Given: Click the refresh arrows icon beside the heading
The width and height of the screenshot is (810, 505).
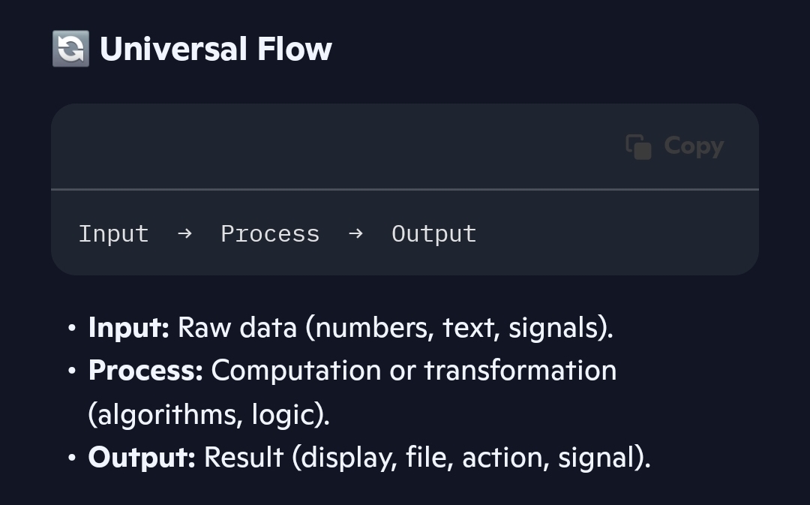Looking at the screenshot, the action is (x=70, y=49).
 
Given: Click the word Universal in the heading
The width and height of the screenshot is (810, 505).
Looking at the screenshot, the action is (x=173, y=49).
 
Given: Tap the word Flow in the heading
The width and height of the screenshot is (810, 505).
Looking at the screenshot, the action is (x=295, y=49).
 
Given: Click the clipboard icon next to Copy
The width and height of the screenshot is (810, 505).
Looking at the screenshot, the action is (x=638, y=147).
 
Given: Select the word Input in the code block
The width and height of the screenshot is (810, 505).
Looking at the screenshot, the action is (x=114, y=234).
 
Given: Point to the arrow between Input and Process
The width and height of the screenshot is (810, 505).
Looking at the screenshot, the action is (x=185, y=233).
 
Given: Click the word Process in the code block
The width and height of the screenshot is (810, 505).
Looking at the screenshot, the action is (x=270, y=234).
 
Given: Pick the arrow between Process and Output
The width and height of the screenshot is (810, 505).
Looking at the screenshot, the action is (x=356, y=233).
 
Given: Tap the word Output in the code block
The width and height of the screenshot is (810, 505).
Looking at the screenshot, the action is (x=434, y=234).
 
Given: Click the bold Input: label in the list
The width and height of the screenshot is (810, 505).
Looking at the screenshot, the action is (x=129, y=328).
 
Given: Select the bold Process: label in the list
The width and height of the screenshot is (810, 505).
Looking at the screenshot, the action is (x=145, y=371).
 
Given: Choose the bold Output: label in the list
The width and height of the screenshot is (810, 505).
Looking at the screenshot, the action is (x=142, y=458).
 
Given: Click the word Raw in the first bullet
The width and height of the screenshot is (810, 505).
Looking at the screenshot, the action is (x=204, y=328).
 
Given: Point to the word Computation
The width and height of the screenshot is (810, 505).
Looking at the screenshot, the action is (x=296, y=371).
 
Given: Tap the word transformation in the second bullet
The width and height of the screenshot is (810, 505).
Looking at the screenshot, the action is (x=520, y=371).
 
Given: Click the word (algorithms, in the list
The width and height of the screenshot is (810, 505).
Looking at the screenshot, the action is (x=165, y=414).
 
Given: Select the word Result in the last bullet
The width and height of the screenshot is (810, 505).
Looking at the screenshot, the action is (x=244, y=458).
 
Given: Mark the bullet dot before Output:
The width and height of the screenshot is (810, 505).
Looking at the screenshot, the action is (x=72, y=458).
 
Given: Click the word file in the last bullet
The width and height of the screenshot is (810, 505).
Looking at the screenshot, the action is (x=429, y=458).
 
